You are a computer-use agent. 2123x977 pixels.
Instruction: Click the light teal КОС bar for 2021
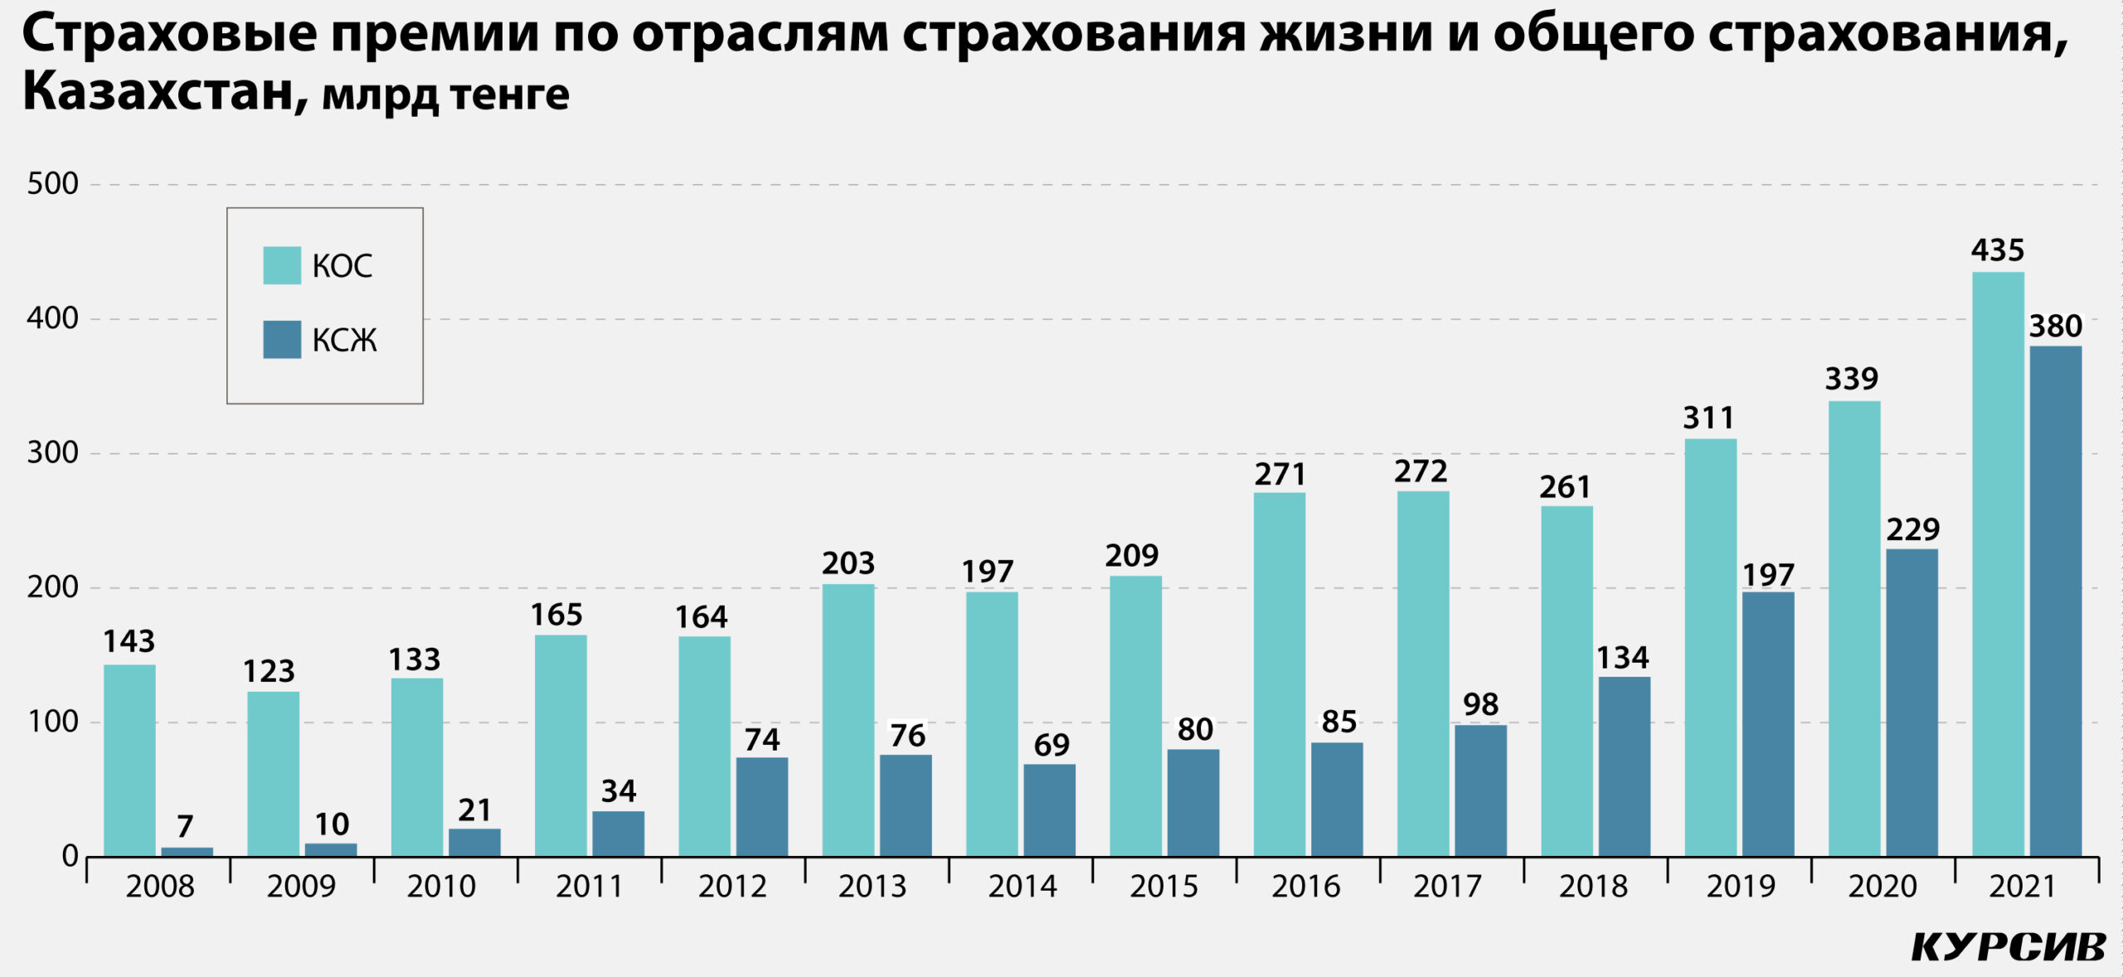tap(1997, 564)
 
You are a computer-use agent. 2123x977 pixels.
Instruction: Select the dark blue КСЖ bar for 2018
tap(1624, 766)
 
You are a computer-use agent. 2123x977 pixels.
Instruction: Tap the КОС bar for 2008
tap(129, 760)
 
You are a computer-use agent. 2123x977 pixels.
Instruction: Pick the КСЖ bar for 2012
tap(761, 806)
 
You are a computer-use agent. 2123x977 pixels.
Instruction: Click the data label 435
tap(1997, 250)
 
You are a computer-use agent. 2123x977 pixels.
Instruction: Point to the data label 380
tap(2055, 327)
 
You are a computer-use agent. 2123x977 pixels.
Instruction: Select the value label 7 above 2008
tap(185, 826)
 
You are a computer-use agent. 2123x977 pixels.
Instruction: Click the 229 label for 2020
tap(1912, 530)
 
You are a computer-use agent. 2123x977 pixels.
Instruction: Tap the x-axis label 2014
tap(1022, 887)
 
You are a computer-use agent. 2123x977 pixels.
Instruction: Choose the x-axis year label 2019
tap(1740, 887)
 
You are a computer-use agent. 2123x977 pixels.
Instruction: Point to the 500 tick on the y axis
tap(52, 184)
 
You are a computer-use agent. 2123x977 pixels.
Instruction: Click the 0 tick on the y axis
tap(70, 856)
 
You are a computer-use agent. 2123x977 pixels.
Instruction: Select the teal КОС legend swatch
tap(282, 265)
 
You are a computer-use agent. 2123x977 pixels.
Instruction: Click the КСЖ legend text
tap(344, 340)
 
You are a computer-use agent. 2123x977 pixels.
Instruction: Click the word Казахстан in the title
tap(158, 91)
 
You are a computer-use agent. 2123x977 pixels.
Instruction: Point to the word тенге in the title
tap(509, 95)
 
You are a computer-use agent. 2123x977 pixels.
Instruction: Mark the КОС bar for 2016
tap(1279, 673)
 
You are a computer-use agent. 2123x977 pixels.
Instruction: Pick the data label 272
tap(1420, 472)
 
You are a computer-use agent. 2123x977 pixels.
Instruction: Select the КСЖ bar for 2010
tap(474, 842)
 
